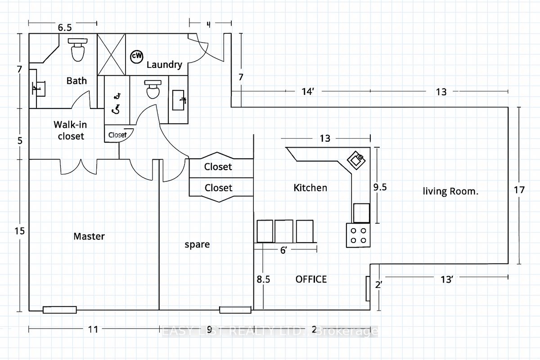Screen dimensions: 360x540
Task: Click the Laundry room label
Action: click(164, 65)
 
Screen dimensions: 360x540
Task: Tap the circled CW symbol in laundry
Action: click(136, 56)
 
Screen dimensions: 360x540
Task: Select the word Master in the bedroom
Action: click(89, 236)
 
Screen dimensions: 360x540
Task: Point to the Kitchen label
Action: click(310, 188)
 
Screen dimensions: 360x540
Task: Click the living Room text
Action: click(450, 191)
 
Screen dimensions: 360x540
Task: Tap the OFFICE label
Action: click(311, 279)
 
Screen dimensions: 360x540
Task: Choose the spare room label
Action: click(197, 244)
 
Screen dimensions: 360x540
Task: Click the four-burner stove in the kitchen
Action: click(358, 235)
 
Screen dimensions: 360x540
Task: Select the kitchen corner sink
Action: click(357, 159)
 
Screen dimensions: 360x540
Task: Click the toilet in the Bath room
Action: click(78, 50)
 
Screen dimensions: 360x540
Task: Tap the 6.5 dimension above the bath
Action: click(64, 28)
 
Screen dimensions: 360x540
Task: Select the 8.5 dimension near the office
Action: click(264, 279)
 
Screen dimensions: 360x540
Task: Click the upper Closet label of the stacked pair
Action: click(218, 167)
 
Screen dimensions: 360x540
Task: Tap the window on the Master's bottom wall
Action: click(60, 310)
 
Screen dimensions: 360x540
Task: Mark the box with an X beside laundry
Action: click(111, 54)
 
